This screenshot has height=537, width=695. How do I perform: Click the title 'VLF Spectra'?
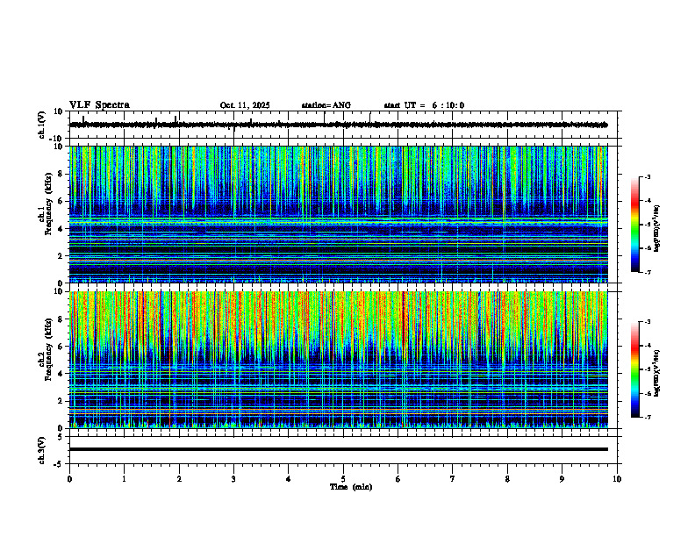pos(99,105)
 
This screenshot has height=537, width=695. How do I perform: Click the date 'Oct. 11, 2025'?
pos(245,105)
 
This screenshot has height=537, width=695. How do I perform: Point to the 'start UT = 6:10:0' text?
pos(424,105)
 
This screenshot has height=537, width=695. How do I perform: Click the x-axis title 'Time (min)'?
pos(350,486)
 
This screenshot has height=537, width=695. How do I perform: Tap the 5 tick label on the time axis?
pos(343,478)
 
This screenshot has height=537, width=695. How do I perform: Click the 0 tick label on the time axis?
pos(69,478)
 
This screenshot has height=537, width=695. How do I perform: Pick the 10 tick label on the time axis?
pos(617,478)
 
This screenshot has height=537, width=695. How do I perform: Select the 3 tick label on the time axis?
pos(233,478)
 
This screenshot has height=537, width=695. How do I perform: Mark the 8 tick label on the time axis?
pos(507,478)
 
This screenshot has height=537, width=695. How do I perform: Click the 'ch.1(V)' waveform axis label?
pos(41,125)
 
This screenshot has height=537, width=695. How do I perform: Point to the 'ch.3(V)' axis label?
pos(41,449)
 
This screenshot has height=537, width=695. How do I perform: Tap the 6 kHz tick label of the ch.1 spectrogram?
pos(61,202)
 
